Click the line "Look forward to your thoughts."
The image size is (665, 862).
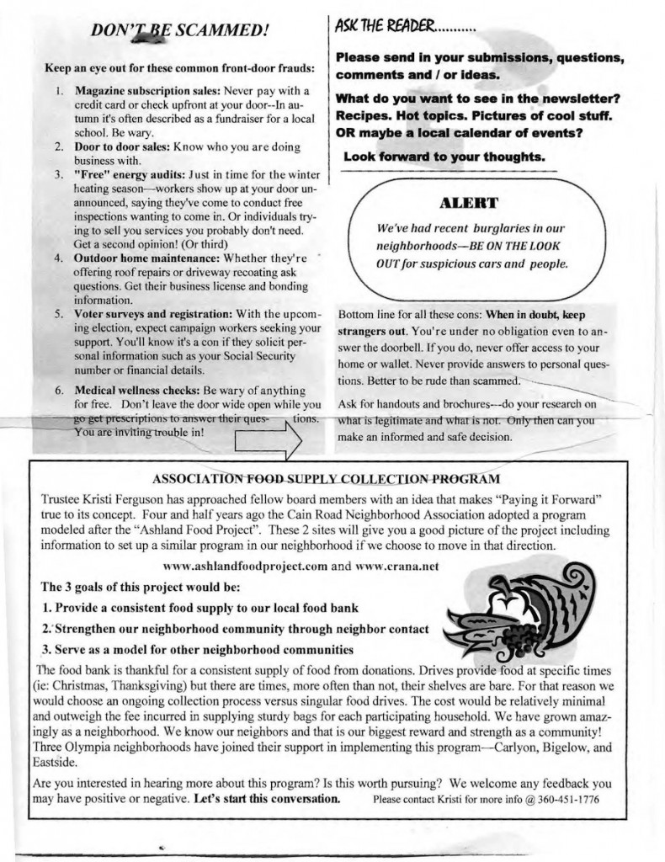point(444,157)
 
